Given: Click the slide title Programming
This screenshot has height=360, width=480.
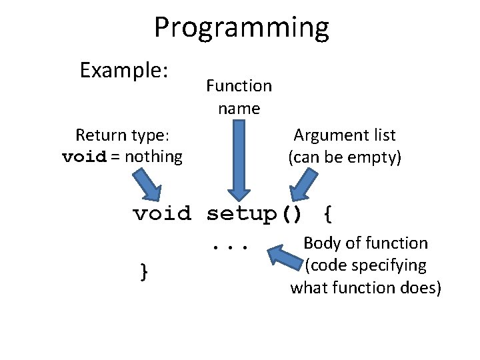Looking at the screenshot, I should coord(241,28).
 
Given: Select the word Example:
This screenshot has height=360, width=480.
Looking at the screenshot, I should coord(123,70).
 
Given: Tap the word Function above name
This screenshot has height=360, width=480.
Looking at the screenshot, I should coord(239,86).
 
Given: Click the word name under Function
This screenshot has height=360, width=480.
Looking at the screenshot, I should coord(239,108).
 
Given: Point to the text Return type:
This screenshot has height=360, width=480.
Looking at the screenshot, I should coord(122,135).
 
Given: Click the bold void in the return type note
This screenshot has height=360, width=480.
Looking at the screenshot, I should coord(83,157).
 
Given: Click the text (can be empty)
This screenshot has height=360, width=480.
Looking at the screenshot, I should coord(344,157).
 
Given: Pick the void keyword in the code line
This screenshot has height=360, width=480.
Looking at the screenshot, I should coord(162,214).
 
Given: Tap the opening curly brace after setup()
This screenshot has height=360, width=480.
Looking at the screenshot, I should coord(327,214).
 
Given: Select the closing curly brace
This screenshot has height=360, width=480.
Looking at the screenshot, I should coord(143,271).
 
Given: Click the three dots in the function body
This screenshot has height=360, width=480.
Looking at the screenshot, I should coord(230,247).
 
